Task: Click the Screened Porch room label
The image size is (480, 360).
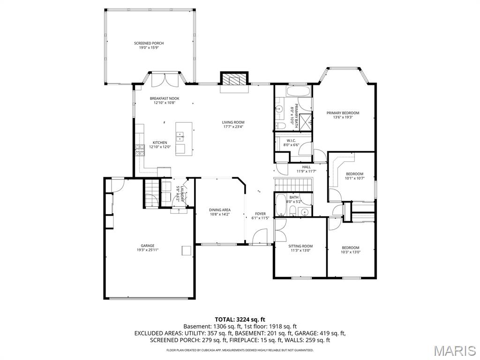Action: pos(149,43)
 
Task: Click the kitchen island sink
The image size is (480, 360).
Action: pos(180,136)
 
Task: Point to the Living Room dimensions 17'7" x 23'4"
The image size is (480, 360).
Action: pos(233,127)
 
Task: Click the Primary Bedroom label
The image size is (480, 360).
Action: pos(343,113)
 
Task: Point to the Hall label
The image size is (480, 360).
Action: pos(306,167)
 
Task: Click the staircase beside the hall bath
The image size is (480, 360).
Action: pos(292,185)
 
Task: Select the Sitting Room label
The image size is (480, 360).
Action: pos(300,246)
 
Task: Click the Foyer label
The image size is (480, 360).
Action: pos(260,214)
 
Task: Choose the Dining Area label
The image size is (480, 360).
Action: pos(220,210)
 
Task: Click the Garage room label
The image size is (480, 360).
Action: pos(148,246)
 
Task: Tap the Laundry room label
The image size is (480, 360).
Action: pos(178,194)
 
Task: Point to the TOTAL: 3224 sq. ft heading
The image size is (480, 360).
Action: pos(240,319)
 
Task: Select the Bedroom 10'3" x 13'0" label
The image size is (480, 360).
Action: pos(350,247)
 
